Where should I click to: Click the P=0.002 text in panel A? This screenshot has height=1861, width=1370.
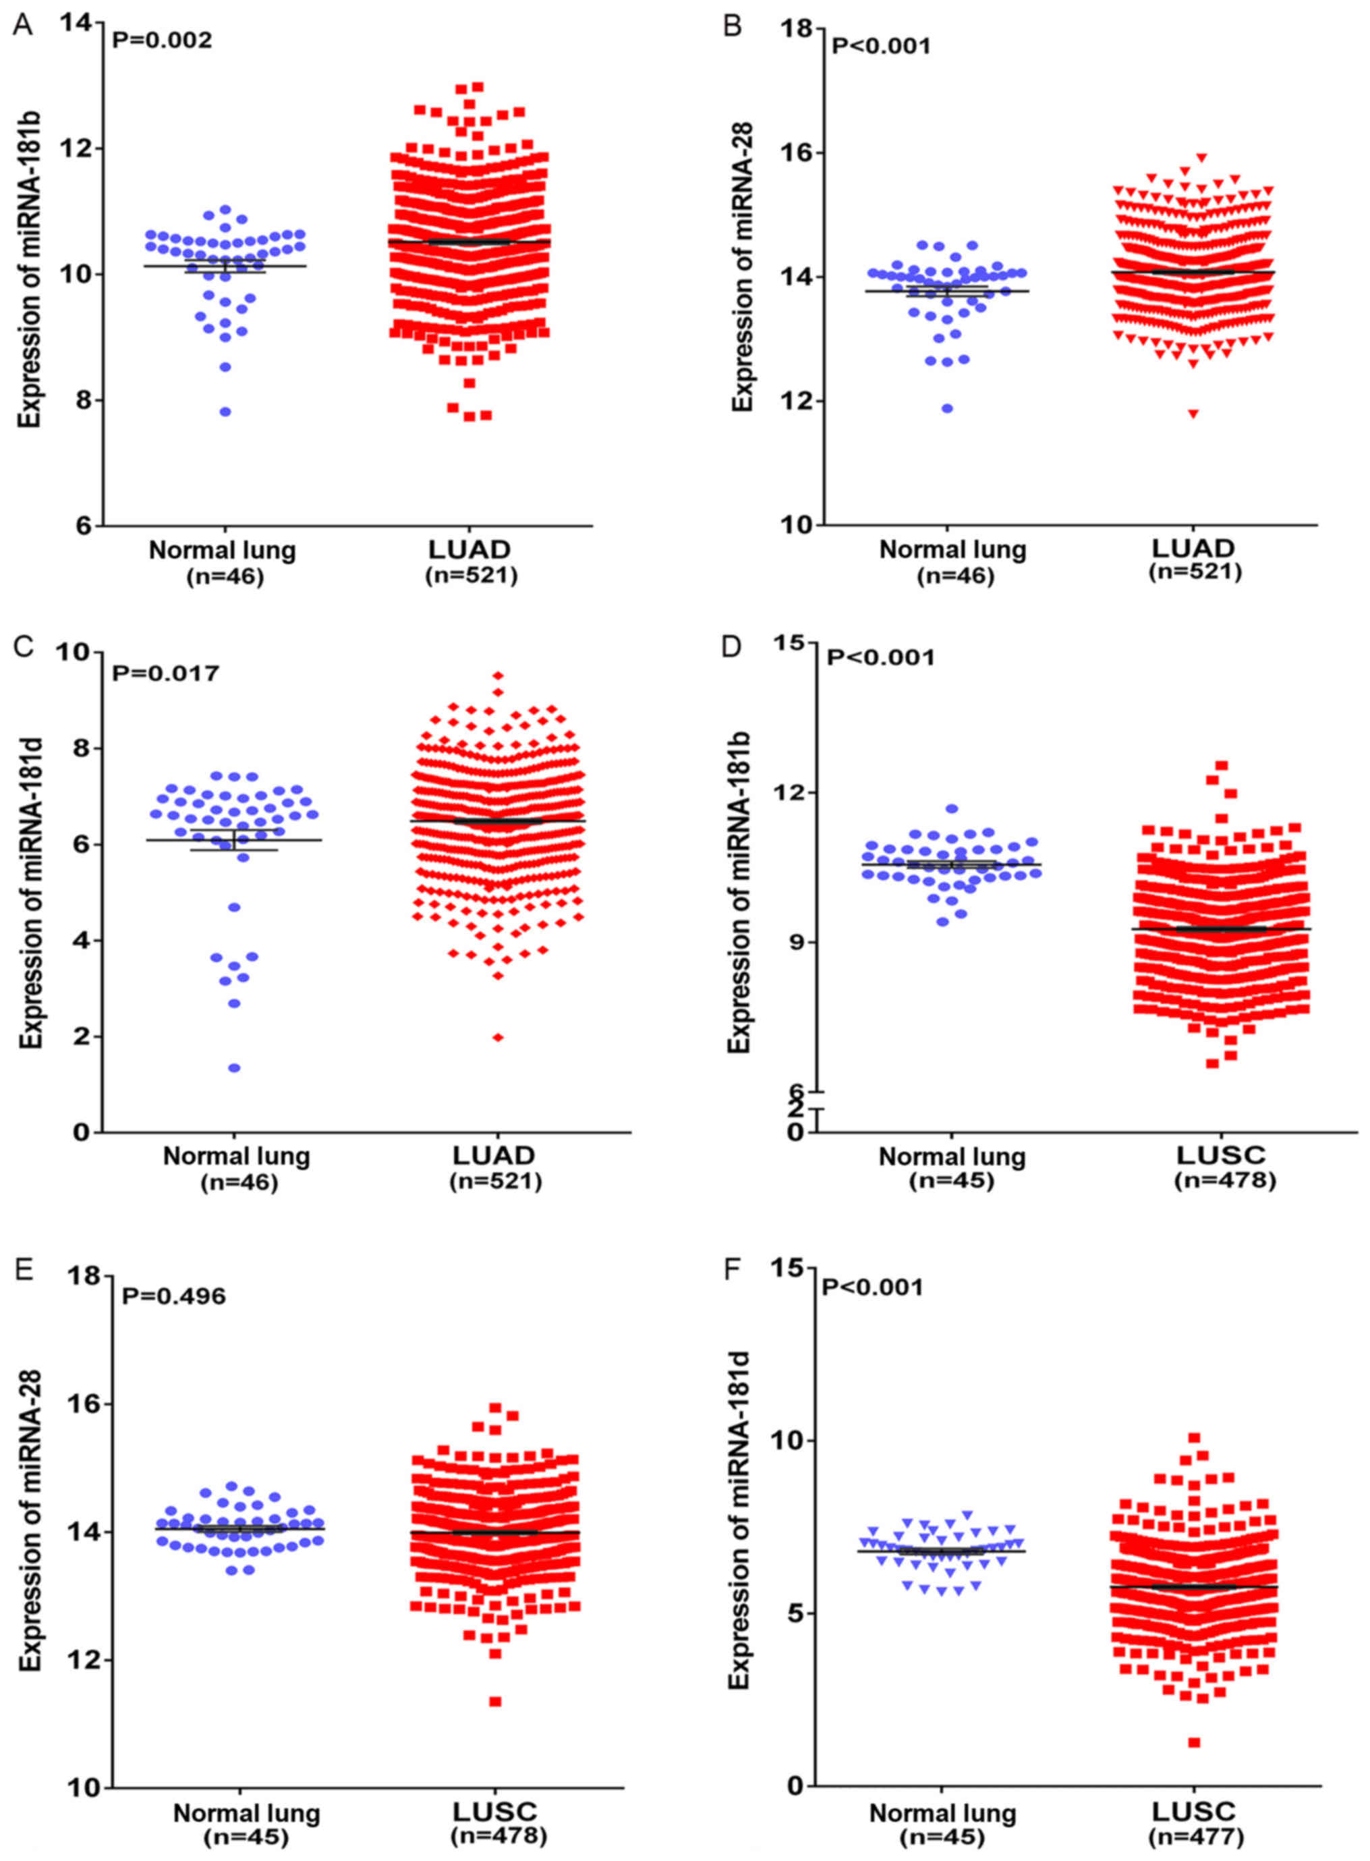pyautogui.click(x=162, y=40)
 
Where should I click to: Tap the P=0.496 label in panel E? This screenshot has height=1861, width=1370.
pyautogui.click(x=173, y=1296)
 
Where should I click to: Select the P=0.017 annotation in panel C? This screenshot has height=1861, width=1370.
pyautogui.click(x=166, y=673)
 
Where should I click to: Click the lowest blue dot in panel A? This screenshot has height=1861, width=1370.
pyautogui.click(x=225, y=412)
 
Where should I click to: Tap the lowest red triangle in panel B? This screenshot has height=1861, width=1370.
pyautogui.click(x=1193, y=414)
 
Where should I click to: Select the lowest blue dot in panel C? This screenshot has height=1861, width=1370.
pyautogui.click(x=235, y=1068)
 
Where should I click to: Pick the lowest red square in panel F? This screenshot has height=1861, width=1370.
pyautogui.click(x=1193, y=1742)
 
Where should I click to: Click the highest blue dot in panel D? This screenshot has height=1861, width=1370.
pyautogui.click(x=952, y=808)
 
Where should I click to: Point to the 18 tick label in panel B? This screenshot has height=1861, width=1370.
pyautogui.click(x=797, y=28)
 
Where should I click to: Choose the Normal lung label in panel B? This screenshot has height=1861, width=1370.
pyautogui.click(x=952, y=549)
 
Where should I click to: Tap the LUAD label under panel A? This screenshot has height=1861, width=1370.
pyautogui.click(x=469, y=549)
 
